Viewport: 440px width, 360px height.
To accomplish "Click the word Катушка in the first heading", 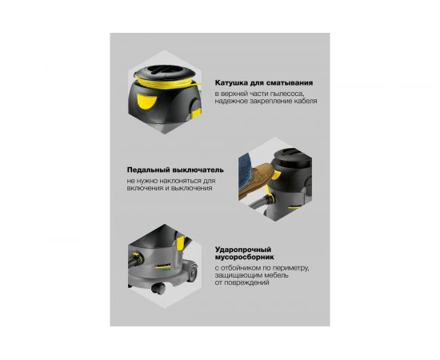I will (x=232, y=82).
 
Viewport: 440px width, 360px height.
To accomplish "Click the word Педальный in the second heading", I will (x=150, y=170).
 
